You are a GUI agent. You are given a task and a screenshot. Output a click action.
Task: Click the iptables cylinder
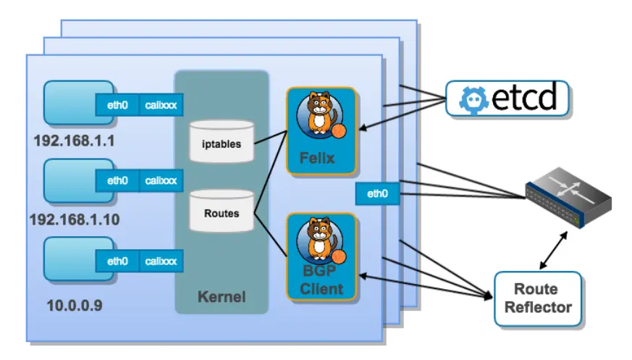222,141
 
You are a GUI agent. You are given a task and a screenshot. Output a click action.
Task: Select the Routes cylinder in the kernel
222,211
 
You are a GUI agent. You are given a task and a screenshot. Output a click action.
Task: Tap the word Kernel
222,297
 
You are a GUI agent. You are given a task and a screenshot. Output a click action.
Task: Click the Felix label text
317,158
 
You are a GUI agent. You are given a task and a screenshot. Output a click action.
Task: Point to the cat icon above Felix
319,113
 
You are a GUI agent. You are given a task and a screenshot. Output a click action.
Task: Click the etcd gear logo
474,100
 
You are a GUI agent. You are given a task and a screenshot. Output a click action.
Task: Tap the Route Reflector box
538,298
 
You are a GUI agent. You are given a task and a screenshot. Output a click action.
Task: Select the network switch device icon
568,198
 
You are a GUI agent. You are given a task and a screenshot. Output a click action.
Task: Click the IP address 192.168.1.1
74,141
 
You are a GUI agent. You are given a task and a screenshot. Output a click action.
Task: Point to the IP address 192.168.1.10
75,219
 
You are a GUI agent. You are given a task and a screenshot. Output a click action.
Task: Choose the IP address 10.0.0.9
75,306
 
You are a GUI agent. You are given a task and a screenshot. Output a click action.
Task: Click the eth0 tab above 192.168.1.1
117,105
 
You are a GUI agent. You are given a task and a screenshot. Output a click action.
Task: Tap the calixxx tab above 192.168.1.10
161,180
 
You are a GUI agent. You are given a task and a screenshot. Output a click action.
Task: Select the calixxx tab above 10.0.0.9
161,261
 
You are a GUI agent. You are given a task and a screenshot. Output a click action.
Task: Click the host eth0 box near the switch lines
377,193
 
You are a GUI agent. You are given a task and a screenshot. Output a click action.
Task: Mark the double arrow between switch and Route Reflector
553,251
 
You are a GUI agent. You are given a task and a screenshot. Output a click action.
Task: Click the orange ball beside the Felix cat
339,131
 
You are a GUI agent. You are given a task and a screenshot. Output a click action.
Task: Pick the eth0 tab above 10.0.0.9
117,261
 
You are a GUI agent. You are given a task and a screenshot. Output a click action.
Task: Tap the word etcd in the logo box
524,97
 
